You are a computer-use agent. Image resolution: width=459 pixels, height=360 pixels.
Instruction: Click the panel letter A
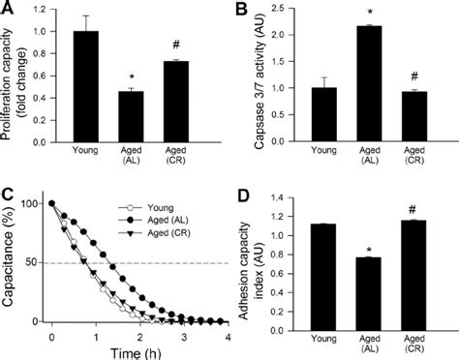click(x=9, y=11)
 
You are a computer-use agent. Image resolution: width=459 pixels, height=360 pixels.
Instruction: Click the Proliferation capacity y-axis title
click(x=15, y=75)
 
